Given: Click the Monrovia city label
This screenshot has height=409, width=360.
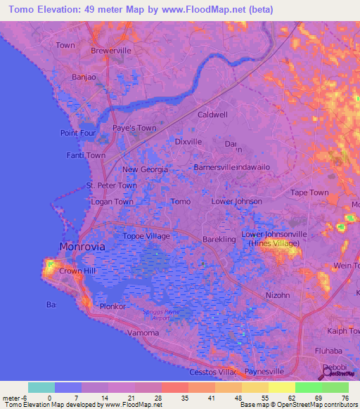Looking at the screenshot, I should [x=82, y=247].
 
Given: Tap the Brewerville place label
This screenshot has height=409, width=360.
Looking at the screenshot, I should [x=112, y=51].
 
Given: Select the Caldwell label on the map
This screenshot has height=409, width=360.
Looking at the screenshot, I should [x=212, y=115].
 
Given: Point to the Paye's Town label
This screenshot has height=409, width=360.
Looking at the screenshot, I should [x=134, y=128].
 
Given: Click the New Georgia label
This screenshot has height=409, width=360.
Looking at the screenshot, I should [x=145, y=169].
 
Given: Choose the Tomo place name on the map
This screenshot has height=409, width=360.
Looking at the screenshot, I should [x=181, y=202].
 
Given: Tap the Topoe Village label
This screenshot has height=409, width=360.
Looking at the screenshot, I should [x=146, y=236].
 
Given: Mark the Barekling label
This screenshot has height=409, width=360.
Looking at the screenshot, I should [x=219, y=240].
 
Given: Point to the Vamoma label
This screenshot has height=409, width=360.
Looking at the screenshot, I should [x=143, y=332].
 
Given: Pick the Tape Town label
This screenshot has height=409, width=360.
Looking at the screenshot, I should [x=309, y=193].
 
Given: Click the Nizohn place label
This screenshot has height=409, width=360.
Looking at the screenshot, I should [x=278, y=295].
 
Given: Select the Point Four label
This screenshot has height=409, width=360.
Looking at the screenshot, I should [x=77, y=133].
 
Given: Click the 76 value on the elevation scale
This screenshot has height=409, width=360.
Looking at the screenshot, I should [x=345, y=398].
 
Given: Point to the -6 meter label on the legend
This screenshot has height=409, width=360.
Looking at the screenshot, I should [x=14, y=398].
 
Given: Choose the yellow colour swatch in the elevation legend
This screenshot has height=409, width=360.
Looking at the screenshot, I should [x=281, y=387].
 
